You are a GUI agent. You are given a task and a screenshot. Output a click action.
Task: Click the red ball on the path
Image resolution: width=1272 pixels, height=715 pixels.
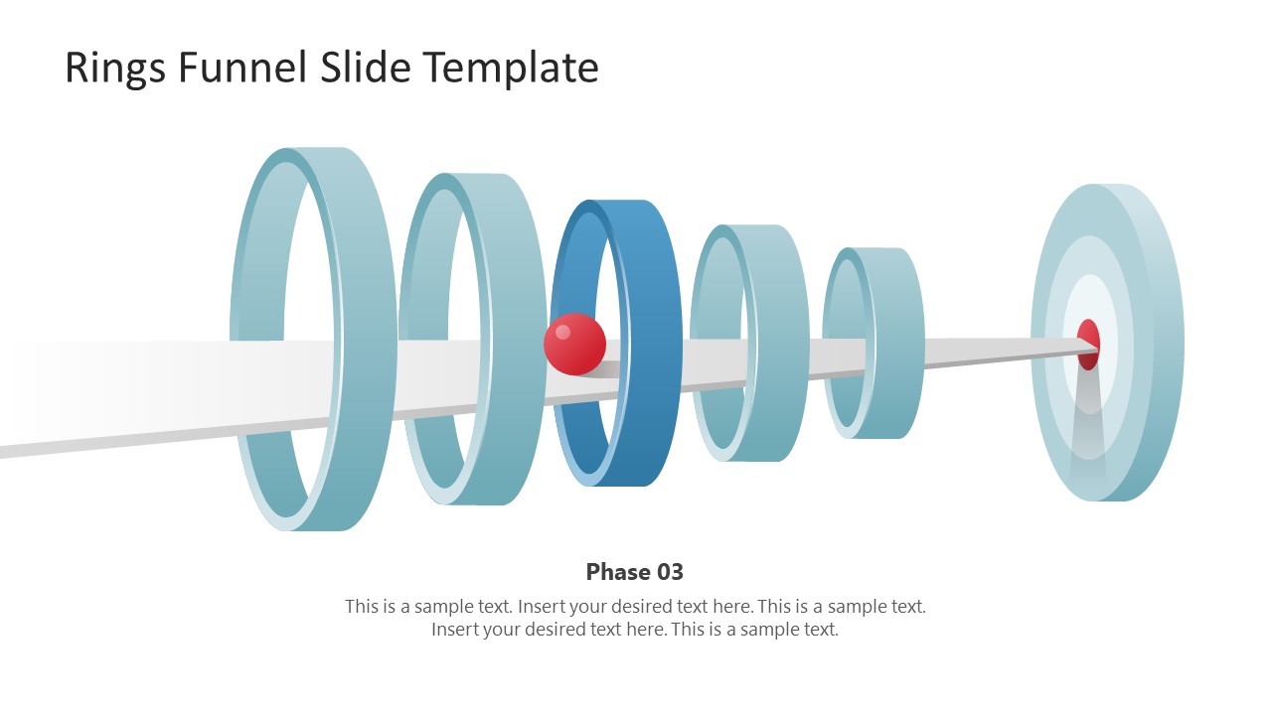coord(574,345)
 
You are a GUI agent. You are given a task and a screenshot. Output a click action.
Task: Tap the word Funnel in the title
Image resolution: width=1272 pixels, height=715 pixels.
coord(242,68)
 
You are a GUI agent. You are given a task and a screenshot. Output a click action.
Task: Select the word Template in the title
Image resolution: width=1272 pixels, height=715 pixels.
coord(511,68)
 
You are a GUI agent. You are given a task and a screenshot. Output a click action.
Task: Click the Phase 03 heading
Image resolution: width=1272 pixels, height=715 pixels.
coord(634,572)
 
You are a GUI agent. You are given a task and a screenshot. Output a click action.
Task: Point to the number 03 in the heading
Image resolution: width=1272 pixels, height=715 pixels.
coord(667,572)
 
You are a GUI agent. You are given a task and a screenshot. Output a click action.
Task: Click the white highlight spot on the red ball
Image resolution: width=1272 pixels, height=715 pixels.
coord(562,332)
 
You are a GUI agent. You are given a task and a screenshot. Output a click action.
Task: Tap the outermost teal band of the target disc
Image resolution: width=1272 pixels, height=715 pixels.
coord(1158,298)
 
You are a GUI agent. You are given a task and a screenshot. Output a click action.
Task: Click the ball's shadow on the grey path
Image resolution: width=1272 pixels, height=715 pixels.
coord(602,370)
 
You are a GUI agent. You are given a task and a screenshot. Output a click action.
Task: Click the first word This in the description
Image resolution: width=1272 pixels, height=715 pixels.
coord(364,606)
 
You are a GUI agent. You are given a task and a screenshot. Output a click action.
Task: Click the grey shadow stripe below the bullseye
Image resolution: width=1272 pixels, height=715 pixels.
coord(1089,417)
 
